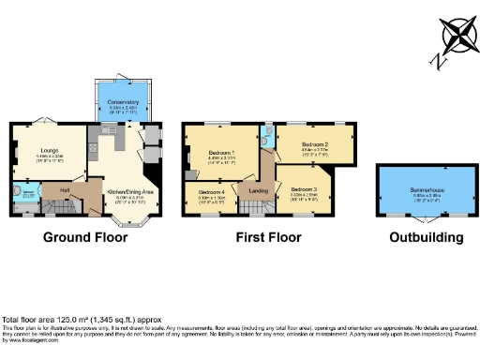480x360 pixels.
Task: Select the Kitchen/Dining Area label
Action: (x=124, y=191)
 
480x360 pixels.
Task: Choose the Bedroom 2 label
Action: (x=312, y=141)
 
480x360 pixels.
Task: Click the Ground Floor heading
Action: (x=84, y=238)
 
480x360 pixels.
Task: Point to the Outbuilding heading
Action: (x=427, y=238)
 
